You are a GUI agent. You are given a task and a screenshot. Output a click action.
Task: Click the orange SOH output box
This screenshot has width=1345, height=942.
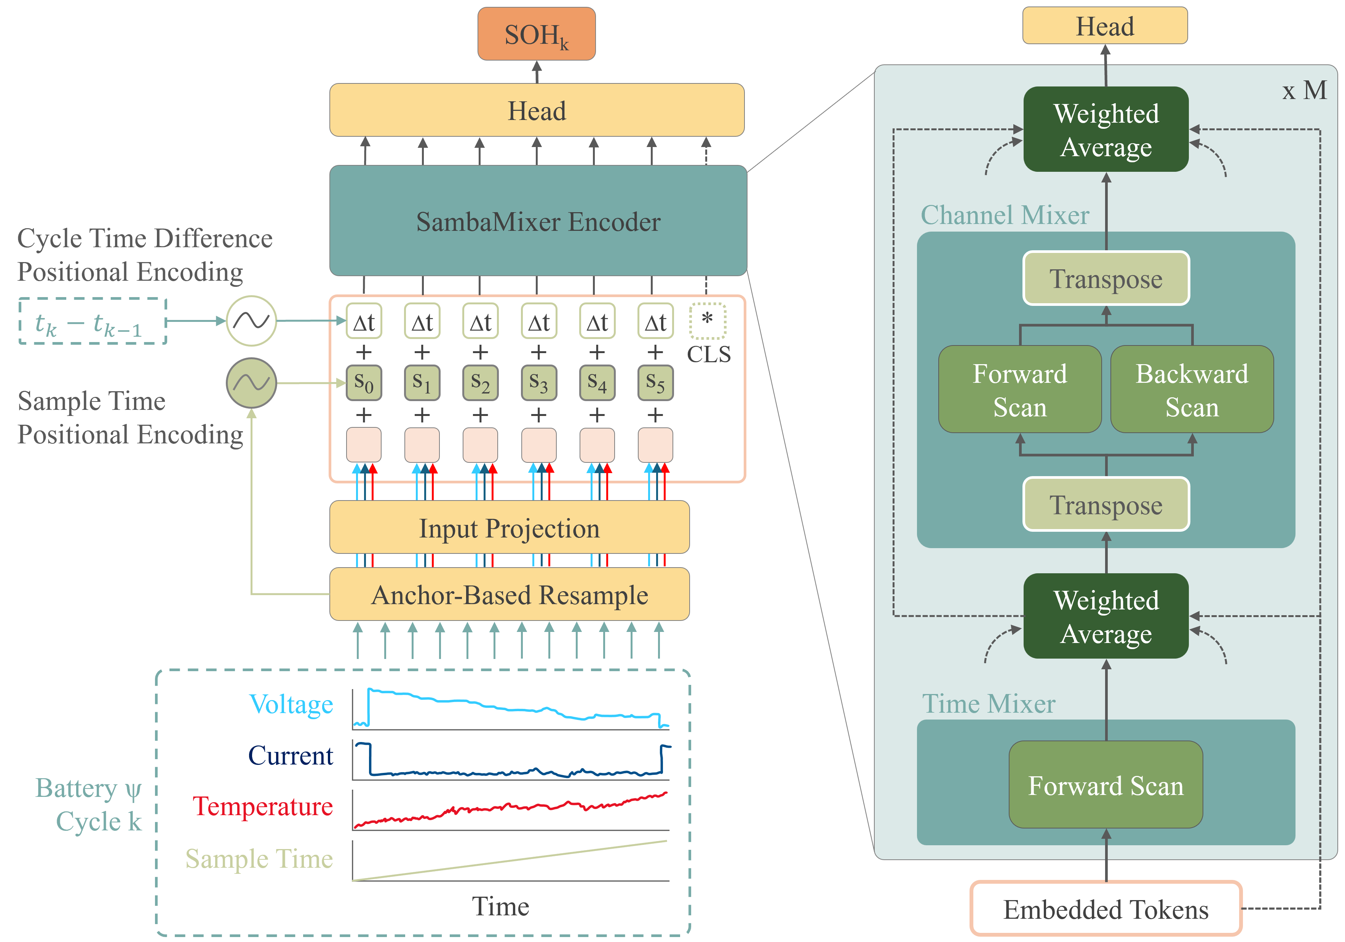click(536, 34)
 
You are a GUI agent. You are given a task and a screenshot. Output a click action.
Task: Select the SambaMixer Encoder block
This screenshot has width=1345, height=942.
click(538, 221)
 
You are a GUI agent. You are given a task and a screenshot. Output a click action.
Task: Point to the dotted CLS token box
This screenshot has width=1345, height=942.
click(707, 321)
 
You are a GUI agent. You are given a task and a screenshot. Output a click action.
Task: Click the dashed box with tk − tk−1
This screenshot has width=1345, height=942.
click(93, 321)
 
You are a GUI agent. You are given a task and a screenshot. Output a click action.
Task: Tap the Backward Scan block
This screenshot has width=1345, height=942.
click(1192, 390)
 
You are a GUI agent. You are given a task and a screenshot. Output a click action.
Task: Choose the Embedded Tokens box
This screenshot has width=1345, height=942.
click(1105, 908)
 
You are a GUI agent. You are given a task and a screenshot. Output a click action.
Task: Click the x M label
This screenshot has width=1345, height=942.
click(1304, 91)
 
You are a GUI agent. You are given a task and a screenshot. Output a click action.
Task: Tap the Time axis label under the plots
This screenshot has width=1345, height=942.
click(500, 906)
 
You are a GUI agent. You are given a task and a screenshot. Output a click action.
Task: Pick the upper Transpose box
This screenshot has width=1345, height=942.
click(1106, 278)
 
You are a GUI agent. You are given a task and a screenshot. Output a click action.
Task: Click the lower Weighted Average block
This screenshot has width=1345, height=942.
click(1106, 616)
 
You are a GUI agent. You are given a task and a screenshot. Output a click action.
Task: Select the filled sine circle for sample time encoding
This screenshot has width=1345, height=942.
click(251, 383)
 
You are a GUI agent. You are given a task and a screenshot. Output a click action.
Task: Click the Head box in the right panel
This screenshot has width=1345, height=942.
click(1105, 26)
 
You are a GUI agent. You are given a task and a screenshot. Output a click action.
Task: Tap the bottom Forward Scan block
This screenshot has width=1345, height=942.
click(1105, 785)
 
